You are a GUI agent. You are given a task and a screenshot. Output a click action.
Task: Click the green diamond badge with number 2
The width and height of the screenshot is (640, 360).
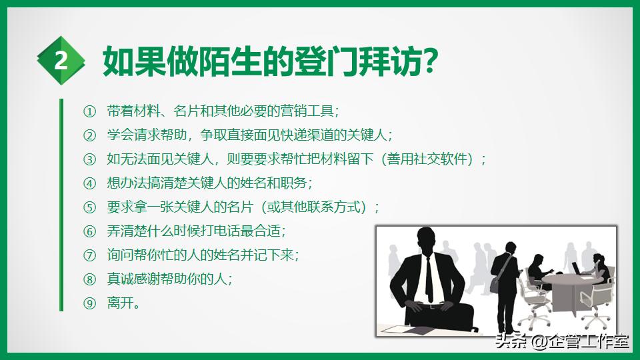pos(61,61)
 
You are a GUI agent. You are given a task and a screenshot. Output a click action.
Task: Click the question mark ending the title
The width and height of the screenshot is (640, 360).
pos(429,62)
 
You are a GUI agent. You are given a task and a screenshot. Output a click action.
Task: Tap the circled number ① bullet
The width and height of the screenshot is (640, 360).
pos(90,111)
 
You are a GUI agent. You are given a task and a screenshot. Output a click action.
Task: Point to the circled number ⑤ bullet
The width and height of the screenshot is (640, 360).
pos(90,207)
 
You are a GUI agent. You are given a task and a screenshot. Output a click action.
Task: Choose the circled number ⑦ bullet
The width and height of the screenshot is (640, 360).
pos(90,255)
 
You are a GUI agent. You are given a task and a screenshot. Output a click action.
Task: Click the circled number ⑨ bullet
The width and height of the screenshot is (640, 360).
pos(90,303)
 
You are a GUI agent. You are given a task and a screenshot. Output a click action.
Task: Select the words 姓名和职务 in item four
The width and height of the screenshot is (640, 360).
pos(274,183)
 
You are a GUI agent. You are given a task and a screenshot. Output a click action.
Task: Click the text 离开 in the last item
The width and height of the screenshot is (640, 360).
pos(120,303)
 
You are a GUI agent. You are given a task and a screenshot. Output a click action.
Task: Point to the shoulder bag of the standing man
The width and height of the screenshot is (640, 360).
pos(495,283)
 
